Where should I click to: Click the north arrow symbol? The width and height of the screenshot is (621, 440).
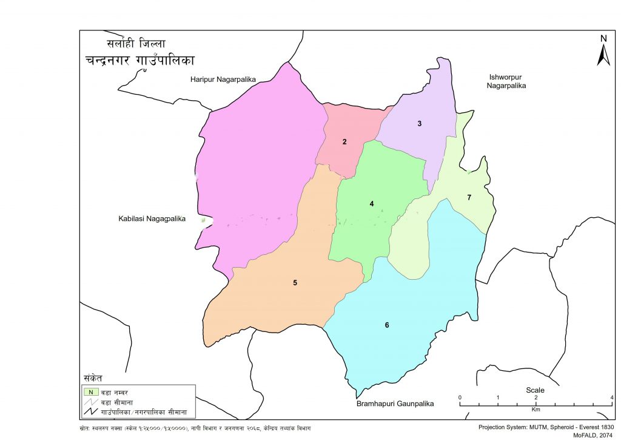pyautogui.click(x=603, y=51)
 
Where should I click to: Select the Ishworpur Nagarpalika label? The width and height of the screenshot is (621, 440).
pyautogui.click(x=506, y=81)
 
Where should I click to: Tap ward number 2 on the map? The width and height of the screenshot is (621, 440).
pyautogui.click(x=344, y=142)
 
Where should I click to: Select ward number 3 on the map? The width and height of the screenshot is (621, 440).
pyautogui.click(x=419, y=124)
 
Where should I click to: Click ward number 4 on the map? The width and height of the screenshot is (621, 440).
pyautogui.click(x=372, y=204)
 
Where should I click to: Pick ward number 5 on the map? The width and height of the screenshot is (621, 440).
pyautogui.click(x=295, y=283)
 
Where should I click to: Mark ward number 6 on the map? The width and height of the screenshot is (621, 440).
pyautogui.click(x=386, y=325)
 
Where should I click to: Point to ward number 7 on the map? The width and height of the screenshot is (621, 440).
pyautogui.click(x=469, y=197)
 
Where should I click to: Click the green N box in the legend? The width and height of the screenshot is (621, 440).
pyautogui.click(x=90, y=392)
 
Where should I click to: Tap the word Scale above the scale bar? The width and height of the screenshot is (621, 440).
pyautogui.click(x=535, y=390)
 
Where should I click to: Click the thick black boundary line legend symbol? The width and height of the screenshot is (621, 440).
pyautogui.click(x=90, y=413)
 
